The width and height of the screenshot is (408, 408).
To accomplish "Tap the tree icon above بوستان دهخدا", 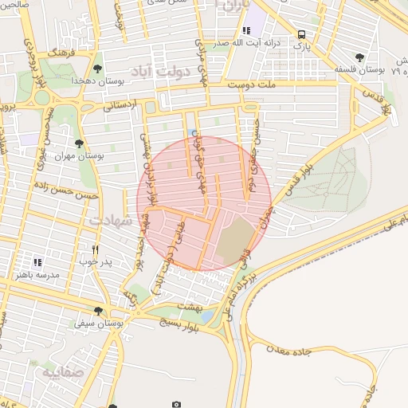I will click(x=97, y=69).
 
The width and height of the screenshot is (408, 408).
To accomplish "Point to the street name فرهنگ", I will click(x=61, y=52).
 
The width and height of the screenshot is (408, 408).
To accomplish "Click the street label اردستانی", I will click(x=120, y=104).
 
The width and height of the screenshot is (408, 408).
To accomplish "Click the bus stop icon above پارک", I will click(x=301, y=34).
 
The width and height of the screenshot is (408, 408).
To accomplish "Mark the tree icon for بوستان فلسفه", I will click(x=360, y=57).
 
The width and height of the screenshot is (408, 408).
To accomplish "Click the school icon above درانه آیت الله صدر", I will click(x=246, y=30).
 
